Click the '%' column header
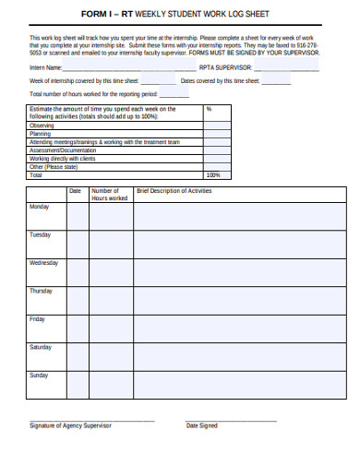pos(210,109)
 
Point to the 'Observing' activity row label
pos(42,125)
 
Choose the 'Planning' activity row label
pos(41,133)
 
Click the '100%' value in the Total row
pos(213,174)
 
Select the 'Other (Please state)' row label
pos(54,166)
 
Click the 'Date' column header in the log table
pos(76,191)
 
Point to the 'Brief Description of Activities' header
pos(174,191)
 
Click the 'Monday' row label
pos(40,207)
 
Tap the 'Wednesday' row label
pos(43,263)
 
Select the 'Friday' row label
pos(38,319)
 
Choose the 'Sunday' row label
pos(39,376)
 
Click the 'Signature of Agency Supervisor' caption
pos(70,425)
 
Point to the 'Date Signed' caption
pos(202,425)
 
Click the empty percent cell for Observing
pos(217,125)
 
